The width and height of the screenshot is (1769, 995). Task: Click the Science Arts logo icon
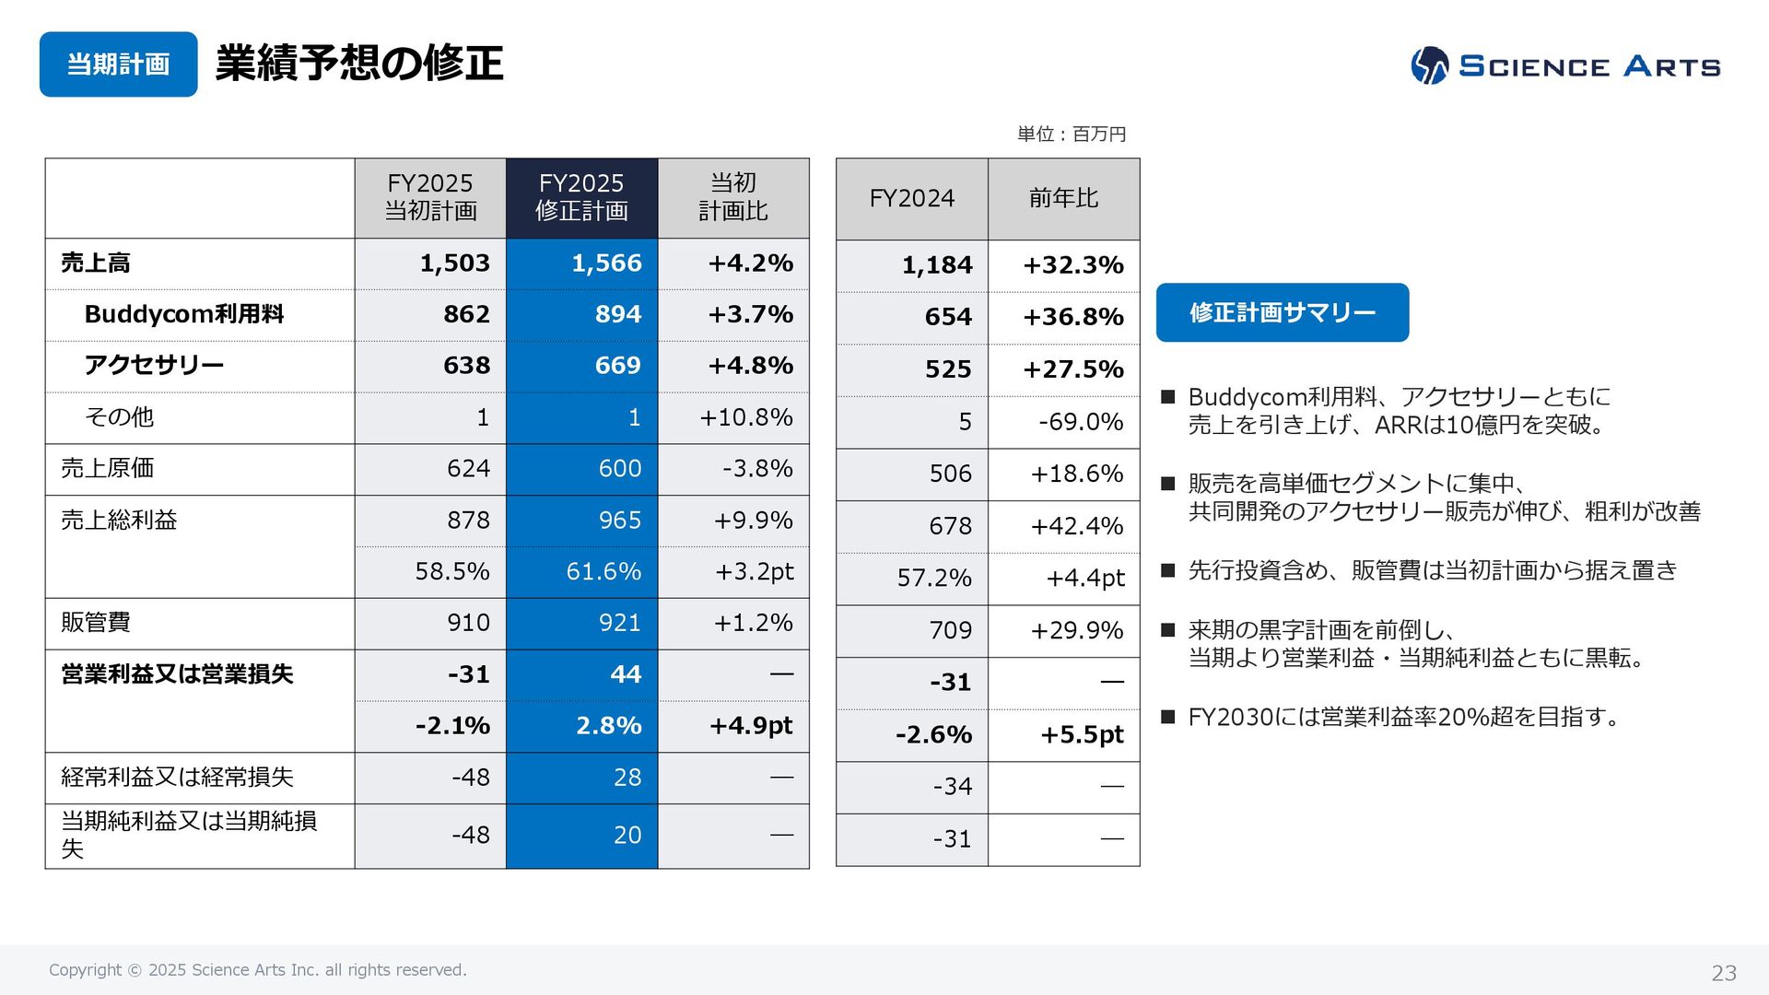1429,65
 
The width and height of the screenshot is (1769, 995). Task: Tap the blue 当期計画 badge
118,64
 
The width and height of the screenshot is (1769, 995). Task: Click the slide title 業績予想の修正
359,64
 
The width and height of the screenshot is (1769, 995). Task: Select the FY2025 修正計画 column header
581,197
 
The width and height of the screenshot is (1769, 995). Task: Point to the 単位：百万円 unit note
1072,135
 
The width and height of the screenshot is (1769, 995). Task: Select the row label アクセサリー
154,366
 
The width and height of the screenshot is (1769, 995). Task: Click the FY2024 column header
911,198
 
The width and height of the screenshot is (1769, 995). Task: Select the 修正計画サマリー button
1282,312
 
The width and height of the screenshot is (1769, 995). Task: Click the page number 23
1723,973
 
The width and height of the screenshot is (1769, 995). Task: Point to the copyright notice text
258,970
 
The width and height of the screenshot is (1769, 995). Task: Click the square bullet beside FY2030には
1168,717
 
